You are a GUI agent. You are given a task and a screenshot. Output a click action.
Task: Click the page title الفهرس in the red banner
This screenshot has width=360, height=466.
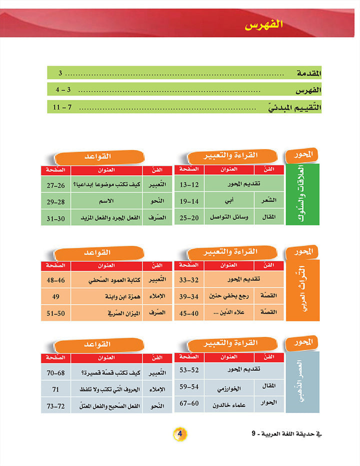click(262, 24)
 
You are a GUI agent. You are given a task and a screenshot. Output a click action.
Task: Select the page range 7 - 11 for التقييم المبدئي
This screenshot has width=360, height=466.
click(61, 107)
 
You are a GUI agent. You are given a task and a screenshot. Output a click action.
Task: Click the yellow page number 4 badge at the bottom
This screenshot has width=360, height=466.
click(179, 433)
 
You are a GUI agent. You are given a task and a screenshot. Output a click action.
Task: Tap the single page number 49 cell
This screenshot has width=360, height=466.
click(56, 297)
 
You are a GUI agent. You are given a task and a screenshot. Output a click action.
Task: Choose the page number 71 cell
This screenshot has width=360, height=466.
click(56, 388)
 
